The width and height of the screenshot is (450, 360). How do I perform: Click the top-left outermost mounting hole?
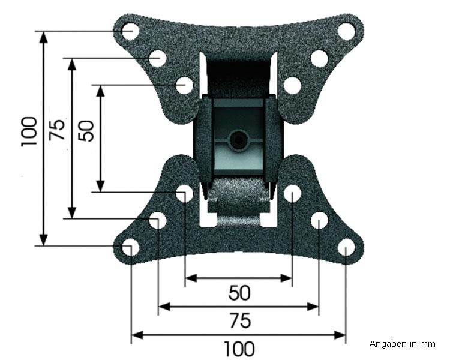(x=130, y=31)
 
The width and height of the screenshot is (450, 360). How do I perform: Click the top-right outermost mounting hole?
(x=346, y=31)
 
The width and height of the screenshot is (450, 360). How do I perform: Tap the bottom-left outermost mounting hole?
(x=130, y=247)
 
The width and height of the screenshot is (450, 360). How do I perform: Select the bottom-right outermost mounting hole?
(x=346, y=247)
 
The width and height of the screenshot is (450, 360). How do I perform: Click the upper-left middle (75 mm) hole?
(x=157, y=58)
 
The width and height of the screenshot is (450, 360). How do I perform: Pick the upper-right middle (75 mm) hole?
(x=319, y=58)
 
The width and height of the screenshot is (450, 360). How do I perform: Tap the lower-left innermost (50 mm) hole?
(x=185, y=193)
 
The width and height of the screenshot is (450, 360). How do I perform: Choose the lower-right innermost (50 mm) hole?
(x=292, y=193)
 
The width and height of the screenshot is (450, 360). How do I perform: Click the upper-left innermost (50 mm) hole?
(x=185, y=85)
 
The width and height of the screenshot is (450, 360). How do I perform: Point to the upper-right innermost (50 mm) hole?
(x=292, y=85)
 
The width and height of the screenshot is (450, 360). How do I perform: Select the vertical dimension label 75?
(x=58, y=130)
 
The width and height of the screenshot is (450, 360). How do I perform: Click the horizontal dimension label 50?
(x=239, y=293)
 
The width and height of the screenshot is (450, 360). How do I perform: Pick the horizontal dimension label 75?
(x=239, y=321)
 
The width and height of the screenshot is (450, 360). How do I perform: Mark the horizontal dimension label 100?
(x=239, y=349)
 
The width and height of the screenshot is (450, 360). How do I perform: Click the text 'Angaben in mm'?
(x=402, y=344)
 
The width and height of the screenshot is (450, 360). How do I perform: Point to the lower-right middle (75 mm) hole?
(x=319, y=220)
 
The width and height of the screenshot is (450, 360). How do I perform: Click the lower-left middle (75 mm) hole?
(x=157, y=220)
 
